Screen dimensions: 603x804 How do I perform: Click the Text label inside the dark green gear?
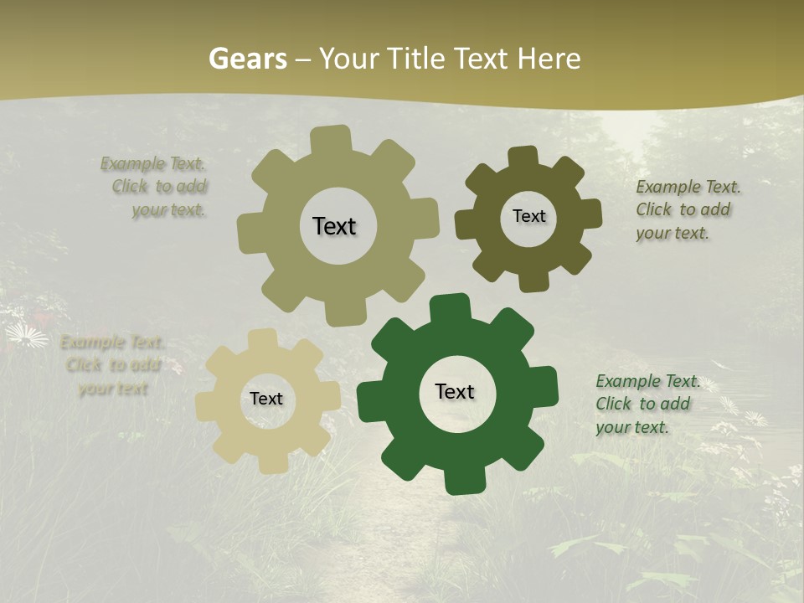pyautogui.click(x=455, y=391)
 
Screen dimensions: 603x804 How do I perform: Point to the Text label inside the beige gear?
pyautogui.click(x=266, y=399)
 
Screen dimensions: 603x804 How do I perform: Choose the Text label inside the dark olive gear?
pyautogui.click(x=528, y=216)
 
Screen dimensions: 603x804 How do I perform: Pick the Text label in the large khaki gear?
pyautogui.click(x=334, y=226)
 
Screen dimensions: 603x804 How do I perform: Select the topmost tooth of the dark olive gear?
pyautogui.click(x=523, y=157)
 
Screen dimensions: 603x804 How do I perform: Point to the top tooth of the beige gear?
pyautogui.click(x=263, y=338)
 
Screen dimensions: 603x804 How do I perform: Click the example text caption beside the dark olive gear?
pyautogui.click(x=688, y=209)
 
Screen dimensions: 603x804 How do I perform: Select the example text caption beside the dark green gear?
pyautogui.click(x=647, y=404)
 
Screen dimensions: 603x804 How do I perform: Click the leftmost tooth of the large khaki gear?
pyautogui.click(x=250, y=234)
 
